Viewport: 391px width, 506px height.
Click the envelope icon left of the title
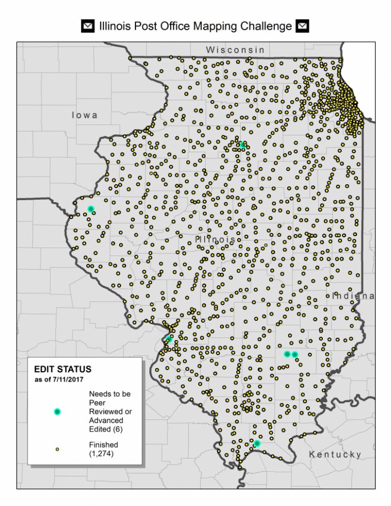click(x=88, y=26)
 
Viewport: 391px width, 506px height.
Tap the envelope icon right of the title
click(x=303, y=26)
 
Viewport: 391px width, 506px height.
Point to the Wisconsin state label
click(x=235, y=50)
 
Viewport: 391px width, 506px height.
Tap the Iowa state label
click(x=85, y=116)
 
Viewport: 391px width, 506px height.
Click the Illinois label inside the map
click(x=215, y=239)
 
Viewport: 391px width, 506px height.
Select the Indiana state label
click(x=353, y=296)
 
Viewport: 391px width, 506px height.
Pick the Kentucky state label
click(x=336, y=454)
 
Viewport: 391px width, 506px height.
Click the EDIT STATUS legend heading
click(x=63, y=369)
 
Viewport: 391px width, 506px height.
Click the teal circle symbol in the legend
click(x=57, y=411)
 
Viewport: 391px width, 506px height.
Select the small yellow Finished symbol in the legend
click(x=57, y=449)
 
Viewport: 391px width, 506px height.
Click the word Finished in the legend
click(x=103, y=444)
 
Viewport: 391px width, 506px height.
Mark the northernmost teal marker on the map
click(x=242, y=145)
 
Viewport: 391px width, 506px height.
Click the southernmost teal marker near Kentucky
click(x=257, y=443)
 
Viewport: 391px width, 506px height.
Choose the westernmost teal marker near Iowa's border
click(x=91, y=209)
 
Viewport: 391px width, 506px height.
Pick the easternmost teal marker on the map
click(x=295, y=354)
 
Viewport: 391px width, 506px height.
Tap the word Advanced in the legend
click(x=106, y=420)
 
